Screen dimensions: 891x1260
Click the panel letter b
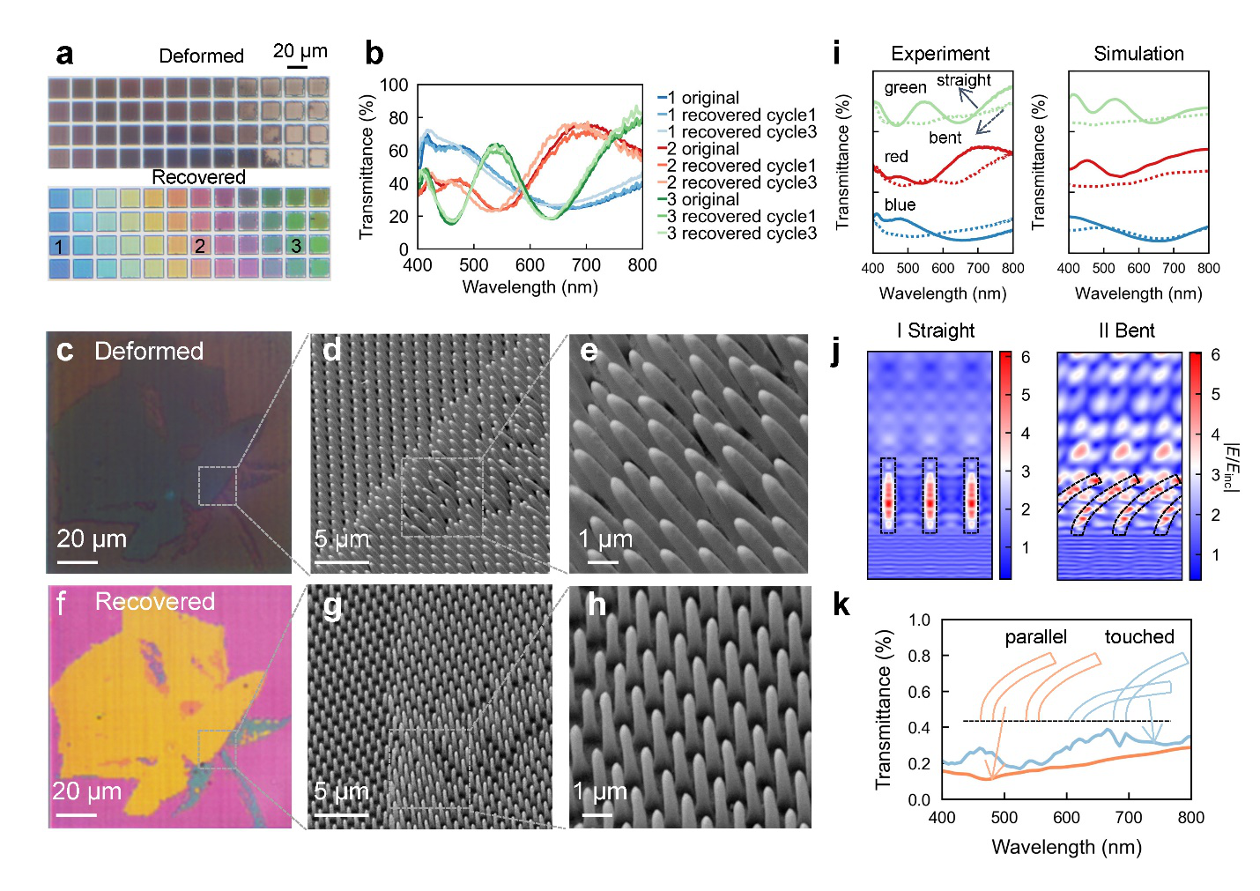tap(374, 55)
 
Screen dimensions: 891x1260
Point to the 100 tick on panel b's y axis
tap(394, 85)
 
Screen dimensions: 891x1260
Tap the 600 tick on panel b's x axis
tap(530, 265)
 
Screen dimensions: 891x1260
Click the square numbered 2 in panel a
tap(200, 246)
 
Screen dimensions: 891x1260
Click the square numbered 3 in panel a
tap(296, 246)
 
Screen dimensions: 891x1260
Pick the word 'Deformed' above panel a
tap(201, 56)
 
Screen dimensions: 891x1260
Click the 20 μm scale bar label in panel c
tap(92, 539)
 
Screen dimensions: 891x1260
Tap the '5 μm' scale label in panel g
tap(341, 791)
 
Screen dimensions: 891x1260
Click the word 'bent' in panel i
tap(945, 138)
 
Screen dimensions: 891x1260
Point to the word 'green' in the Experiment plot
tap(905, 87)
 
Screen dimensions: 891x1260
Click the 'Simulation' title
tap(1138, 54)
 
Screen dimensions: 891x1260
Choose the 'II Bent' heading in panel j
tap(1126, 331)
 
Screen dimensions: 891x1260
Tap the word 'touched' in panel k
tap(1138, 637)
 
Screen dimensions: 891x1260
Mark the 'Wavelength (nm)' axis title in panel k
tap(1066, 848)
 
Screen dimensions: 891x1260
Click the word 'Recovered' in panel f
tap(155, 602)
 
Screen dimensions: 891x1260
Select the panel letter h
tap(597, 605)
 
